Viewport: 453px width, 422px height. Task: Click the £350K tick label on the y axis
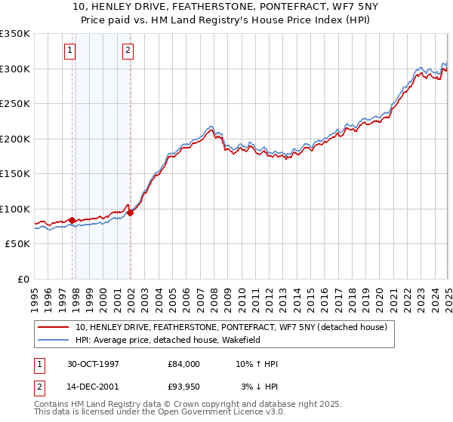[x=14, y=34]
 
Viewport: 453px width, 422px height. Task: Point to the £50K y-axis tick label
[x=17, y=244]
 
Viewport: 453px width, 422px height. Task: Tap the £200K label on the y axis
[x=14, y=139]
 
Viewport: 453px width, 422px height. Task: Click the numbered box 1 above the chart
[x=69, y=50]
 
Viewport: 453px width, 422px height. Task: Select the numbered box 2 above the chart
[x=128, y=50]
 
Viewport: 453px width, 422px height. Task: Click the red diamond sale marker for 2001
[x=131, y=213]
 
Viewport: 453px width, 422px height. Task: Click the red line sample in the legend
[x=54, y=327]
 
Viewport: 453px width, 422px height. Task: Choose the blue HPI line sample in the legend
[x=54, y=340]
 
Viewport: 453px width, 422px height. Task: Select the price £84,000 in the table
[x=183, y=364]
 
